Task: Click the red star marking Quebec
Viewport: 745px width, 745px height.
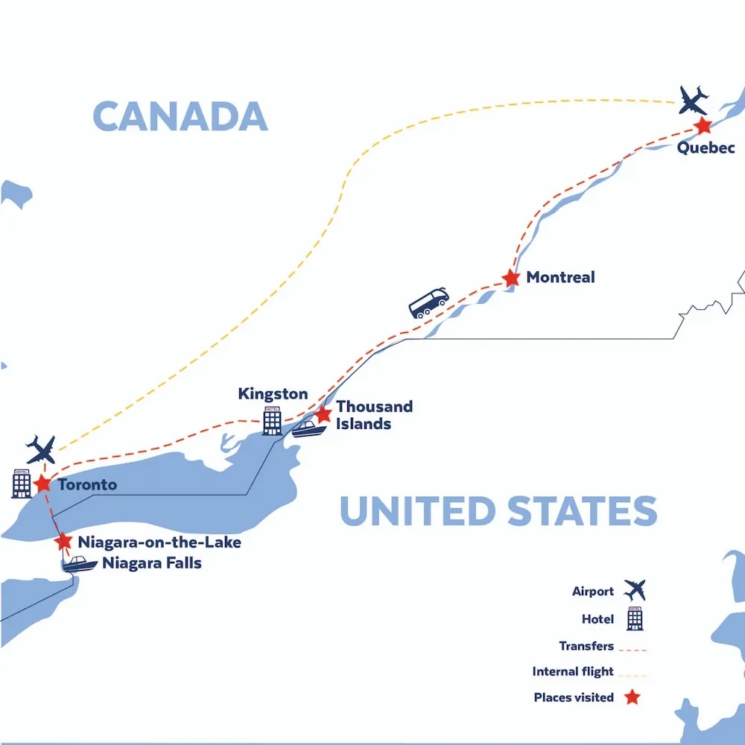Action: pyautogui.click(x=702, y=126)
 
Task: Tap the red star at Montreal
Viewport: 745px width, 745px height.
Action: pyautogui.click(x=510, y=279)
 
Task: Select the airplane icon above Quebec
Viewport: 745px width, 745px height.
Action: pyautogui.click(x=694, y=100)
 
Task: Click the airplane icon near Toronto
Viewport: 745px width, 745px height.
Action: pyautogui.click(x=40, y=449)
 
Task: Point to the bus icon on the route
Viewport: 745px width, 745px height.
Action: pyautogui.click(x=429, y=303)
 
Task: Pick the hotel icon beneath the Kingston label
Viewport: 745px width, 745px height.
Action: pyautogui.click(x=272, y=420)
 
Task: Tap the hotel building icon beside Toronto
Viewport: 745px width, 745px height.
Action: pyautogui.click(x=21, y=483)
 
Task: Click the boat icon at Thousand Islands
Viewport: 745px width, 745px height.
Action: pyautogui.click(x=307, y=428)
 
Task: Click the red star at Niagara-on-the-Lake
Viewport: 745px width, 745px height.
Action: pyautogui.click(x=64, y=542)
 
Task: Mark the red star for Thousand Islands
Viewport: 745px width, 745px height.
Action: pyautogui.click(x=323, y=413)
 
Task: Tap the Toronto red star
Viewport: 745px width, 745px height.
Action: pyautogui.click(x=42, y=483)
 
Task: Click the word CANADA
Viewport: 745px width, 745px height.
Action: pyautogui.click(x=180, y=116)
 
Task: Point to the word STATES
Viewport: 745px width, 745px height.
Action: pyautogui.click(x=581, y=511)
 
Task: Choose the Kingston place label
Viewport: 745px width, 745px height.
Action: pyautogui.click(x=273, y=393)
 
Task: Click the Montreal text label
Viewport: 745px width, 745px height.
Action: pyautogui.click(x=560, y=277)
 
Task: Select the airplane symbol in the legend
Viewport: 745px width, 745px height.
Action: pyautogui.click(x=635, y=591)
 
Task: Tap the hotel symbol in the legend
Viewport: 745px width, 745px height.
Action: pyautogui.click(x=635, y=618)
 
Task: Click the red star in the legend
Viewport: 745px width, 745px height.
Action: pyautogui.click(x=633, y=697)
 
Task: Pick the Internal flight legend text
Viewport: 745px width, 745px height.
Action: pyautogui.click(x=573, y=671)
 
